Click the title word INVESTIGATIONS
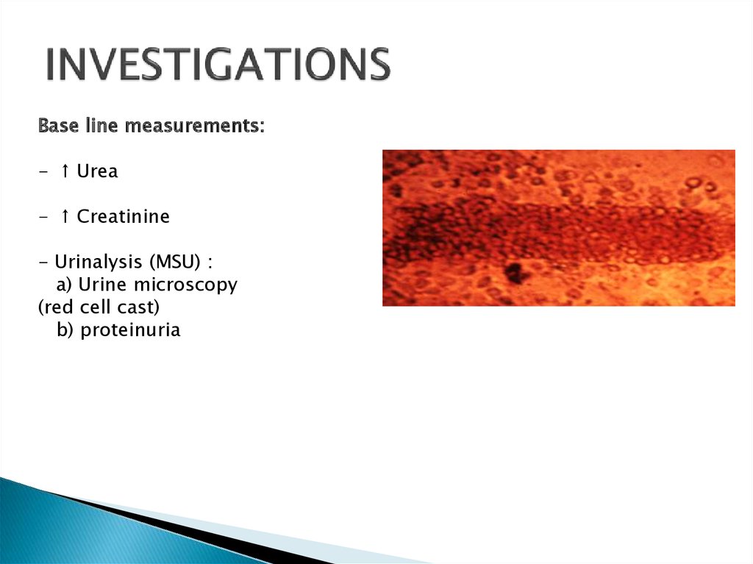click(218, 65)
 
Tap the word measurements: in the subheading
click(194, 126)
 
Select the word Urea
click(97, 171)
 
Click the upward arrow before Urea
click(65, 171)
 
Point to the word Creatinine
click(123, 216)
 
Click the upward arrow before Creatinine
click(65, 216)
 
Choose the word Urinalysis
click(99, 263)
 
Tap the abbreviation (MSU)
click(175, 263)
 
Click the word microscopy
click(185, 285)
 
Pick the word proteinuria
click(130, 330)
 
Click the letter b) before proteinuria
click(65, 330)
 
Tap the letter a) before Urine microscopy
click(64, 285)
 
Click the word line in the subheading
click(101, 126)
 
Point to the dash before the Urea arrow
click(43, 171)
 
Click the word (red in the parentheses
click(57, 307)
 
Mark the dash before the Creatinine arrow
click(43, 217)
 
